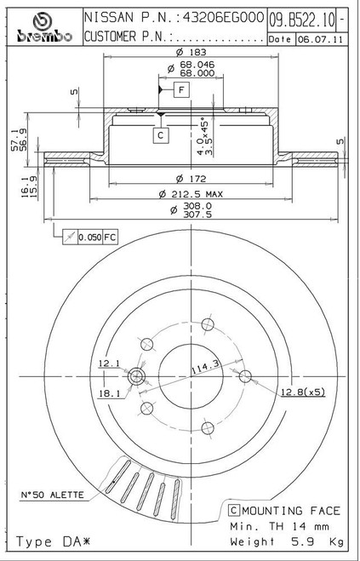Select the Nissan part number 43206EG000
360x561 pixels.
click(223, 17)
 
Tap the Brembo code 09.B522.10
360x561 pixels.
click(302, 20)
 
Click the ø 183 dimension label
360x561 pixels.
click(191, 52)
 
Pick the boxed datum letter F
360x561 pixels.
click(182, 89)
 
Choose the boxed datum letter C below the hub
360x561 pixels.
click(161, 135)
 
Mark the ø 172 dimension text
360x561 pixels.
click(191, 178)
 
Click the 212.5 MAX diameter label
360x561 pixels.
click(191, 194)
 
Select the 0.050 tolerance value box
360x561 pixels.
click(90, 237)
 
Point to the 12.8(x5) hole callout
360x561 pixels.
click(303, 392)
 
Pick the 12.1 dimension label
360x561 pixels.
click(109, 364)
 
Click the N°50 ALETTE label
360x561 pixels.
click(52, 495)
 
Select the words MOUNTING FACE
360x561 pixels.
click(291, 511)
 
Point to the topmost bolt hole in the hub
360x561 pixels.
click(208, 324)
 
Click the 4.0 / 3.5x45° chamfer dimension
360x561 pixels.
click(207, 136)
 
